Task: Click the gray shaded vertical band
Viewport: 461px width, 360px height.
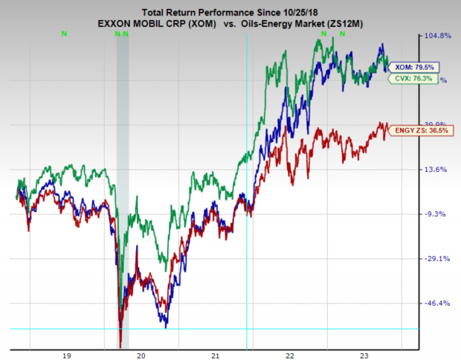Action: (123, 186)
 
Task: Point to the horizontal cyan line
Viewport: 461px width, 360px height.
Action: (223, 329)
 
